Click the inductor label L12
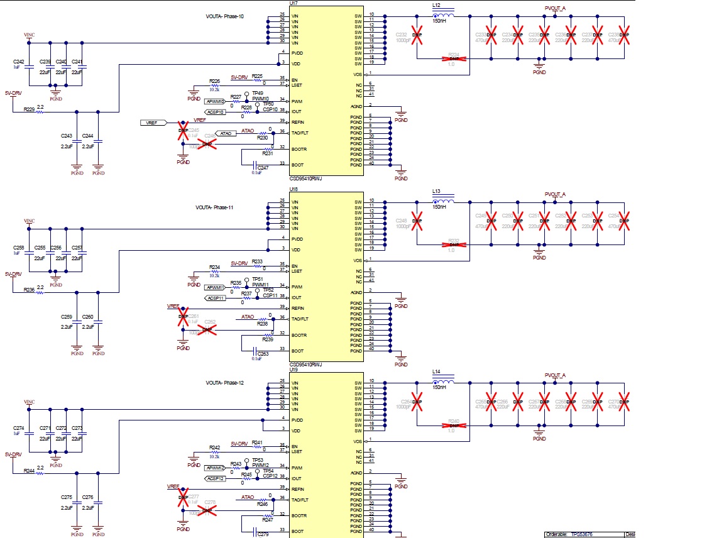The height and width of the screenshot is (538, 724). click(x=436, y=5)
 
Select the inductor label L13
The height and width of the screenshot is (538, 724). click(x=436, y=191)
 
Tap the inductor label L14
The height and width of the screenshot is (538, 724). click(x=436, y=372)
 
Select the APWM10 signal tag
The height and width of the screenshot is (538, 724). click(x=214, y=101)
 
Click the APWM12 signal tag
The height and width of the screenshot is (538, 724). click(x=214, y=468)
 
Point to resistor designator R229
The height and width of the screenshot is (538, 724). click(x=29, y=109)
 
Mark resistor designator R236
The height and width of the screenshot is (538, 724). click(x=29, y=290)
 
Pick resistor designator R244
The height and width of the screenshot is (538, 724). click(x=29, y=471)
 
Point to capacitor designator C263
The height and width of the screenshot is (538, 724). click(x=263, y=354)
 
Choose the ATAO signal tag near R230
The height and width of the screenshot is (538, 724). click(x=226, y=133)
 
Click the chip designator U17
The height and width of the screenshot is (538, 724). click(x=293, y=3)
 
